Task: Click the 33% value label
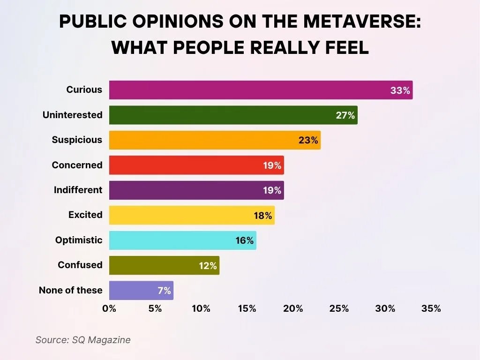pyautogui.click(x=400, y=90)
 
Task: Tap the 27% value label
pyautogui.click(x=345, y=115)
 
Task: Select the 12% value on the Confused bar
pyautogui.click(x=207, y=266)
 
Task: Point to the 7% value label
pyautogui.click(x=164, y=291)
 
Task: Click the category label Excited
pyautogui.click(x=85, y=215)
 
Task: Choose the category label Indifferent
pyautogui.click(x=78, y=190)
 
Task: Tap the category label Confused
pyautogui.click(x=80, y=265)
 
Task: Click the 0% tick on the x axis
pyautogui.click(x=109, y=308)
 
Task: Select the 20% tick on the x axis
pyautogui.click(x=293, y=308)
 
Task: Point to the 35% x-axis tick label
pyautogui.click(x=431, y=308)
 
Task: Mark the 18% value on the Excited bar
pyautogui.click(x=262, y=216)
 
